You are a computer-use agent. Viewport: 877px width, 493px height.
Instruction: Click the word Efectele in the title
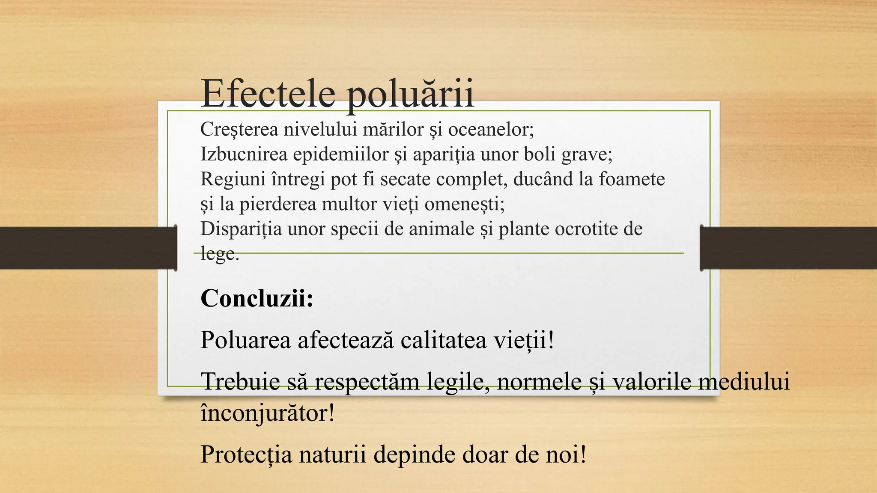268,93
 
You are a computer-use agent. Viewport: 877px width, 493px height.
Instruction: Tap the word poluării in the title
410,94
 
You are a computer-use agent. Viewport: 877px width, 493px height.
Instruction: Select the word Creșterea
239,129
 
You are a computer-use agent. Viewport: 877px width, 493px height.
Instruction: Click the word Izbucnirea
244,154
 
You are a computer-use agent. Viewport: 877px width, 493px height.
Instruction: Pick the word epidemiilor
340,154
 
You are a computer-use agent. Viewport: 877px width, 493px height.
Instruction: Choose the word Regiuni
233,179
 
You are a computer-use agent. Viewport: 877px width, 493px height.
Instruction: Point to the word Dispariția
241,229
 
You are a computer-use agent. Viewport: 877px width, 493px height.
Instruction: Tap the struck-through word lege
218,254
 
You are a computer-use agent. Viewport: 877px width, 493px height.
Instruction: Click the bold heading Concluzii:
257,298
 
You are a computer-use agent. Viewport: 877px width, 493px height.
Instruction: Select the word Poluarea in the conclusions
245,340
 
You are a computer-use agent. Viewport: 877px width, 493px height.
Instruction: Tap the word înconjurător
266,413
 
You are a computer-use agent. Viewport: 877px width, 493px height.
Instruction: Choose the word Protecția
246,454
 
